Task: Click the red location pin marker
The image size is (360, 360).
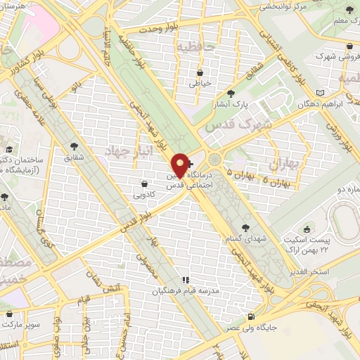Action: [x=181, y=165]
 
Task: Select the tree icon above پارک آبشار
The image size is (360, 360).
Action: [x=231, y=93]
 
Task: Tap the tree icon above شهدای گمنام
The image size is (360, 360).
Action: [x=245, y=227]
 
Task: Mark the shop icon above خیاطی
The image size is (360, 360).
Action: [x=200, y=72]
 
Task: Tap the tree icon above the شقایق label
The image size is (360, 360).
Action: [x=75, y=146]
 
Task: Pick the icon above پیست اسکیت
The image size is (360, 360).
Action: [x=307, y=229]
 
